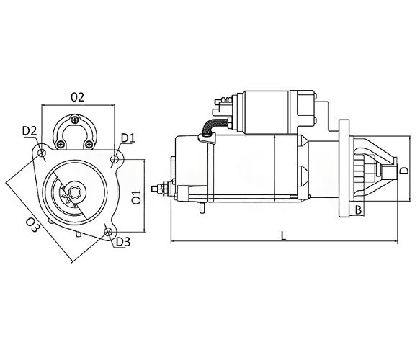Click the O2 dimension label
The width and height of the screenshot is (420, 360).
[77, 97]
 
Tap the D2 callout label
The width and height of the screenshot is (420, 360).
[30, 131]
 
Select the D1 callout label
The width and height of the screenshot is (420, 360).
[128, 138]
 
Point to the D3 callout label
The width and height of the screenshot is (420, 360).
[123, 242]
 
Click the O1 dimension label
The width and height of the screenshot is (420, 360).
[137, 197]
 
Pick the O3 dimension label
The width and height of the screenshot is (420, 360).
[32, 225]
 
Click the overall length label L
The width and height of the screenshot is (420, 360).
[283, 236]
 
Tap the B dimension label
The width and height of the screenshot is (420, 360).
[358, 210]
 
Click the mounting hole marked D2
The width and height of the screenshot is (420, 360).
[42, 153]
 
